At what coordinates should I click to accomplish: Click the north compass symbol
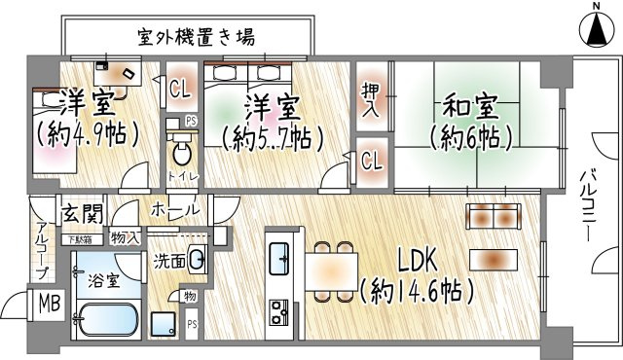(x=596, y=28)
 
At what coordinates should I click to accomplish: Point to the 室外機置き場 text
(x=195, y=38)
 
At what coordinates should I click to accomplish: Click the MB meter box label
(x=48, y=304)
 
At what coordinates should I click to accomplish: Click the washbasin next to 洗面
(x=196, y=259)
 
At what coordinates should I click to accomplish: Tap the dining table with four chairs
(x=331, y=267)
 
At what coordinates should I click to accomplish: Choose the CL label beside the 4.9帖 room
(x=179, y=90)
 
